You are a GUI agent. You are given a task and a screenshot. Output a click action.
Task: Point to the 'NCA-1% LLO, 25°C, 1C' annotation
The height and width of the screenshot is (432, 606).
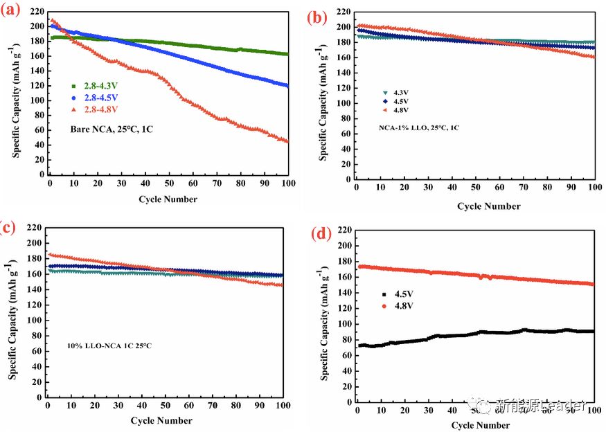(419, 128)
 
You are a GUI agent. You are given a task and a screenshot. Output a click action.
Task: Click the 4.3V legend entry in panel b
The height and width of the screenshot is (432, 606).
(395, 91)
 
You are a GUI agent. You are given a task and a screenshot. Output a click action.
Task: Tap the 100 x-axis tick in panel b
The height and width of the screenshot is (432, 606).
(594, 190)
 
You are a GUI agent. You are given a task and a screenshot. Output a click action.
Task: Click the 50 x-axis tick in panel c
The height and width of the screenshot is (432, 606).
(164, 406)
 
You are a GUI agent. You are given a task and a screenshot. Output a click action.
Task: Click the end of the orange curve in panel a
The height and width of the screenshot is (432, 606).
(287, 141)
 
